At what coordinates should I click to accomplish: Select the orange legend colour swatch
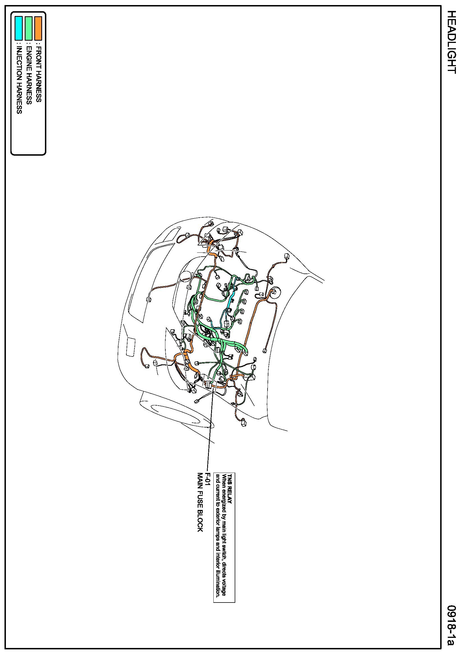[x=38, y=28]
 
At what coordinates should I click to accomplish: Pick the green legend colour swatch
[x=28, y=28]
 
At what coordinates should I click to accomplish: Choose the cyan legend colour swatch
[x=19, y=28]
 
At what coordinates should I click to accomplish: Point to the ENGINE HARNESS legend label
[x=28, y=74]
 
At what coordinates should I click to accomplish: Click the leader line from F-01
[x=210, y=427]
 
